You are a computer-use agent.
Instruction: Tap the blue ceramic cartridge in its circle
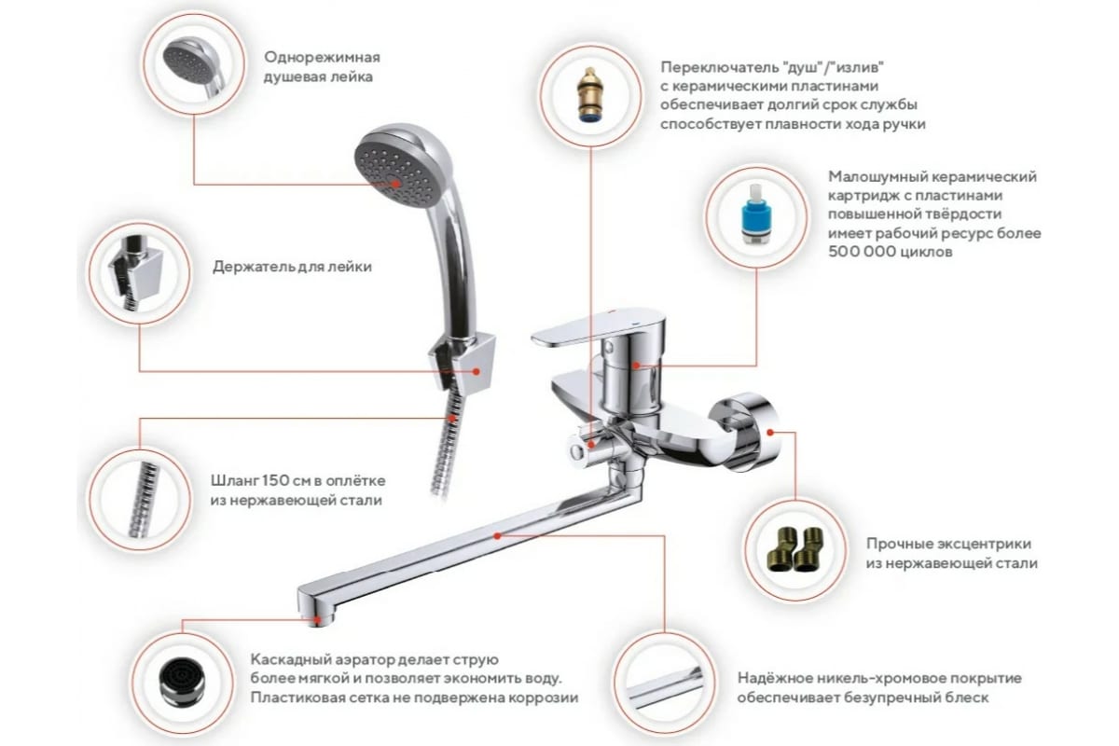pos(756,214)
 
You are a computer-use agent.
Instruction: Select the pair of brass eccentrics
pos(794,549)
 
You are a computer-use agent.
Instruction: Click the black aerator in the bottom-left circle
pos(183,683)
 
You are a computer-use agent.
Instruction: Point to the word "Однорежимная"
pos(323,57)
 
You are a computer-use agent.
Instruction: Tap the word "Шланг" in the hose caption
pos(234,480)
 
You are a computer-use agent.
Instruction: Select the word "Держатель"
pos(254,267)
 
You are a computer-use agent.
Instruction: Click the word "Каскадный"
pos(291,659)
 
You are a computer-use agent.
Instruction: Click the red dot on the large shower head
pos(395,184)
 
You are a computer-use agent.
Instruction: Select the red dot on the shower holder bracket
pos(477,371)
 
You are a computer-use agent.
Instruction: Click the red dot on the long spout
pos(497,536)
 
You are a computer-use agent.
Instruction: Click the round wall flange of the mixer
pos(744,431)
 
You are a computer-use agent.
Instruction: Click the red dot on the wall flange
pos(770,432)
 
